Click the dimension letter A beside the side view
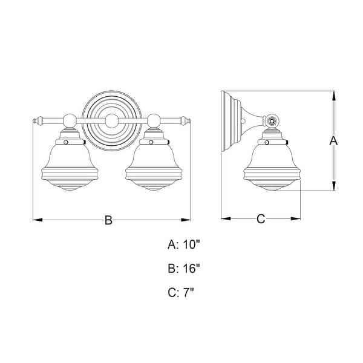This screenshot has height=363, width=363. [x=332, y=141]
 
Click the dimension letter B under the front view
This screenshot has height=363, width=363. [x=109, y=220]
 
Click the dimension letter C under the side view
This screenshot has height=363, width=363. [x=261, y=219]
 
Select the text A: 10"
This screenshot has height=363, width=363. [x=184, y=245]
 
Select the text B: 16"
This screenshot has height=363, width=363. [x=184, y=269]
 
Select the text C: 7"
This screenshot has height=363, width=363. [x=181, y=293]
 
